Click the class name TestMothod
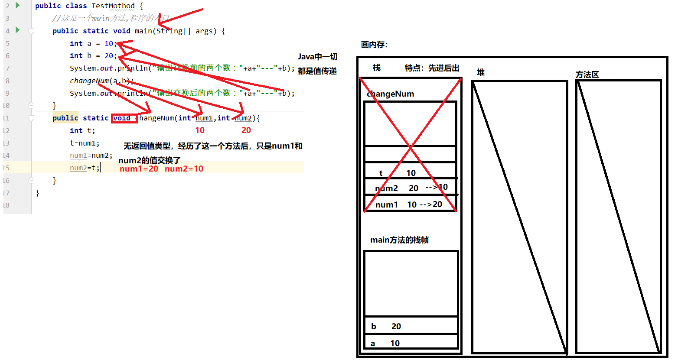tap(113, 6)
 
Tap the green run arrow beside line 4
tap(18, 30)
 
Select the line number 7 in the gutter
tap(7, 68)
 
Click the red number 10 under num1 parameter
tap(200, 130)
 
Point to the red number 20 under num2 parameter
tap(246, 130)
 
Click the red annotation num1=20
tap(139, 169)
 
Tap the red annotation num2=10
tap(184, 169)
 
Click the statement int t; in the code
tap(82, 130)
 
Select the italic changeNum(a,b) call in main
tap(101, 81)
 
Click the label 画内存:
tap(374, 45)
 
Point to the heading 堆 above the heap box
tap(480, 72)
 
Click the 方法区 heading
tap(587, 75)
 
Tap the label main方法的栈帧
tap(399, 240)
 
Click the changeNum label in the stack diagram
tap(391, 94)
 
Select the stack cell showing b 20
tap(411, 326)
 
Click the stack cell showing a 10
tap(411, 342)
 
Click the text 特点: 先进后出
tap(432, 68)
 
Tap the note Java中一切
tap(317, 57)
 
